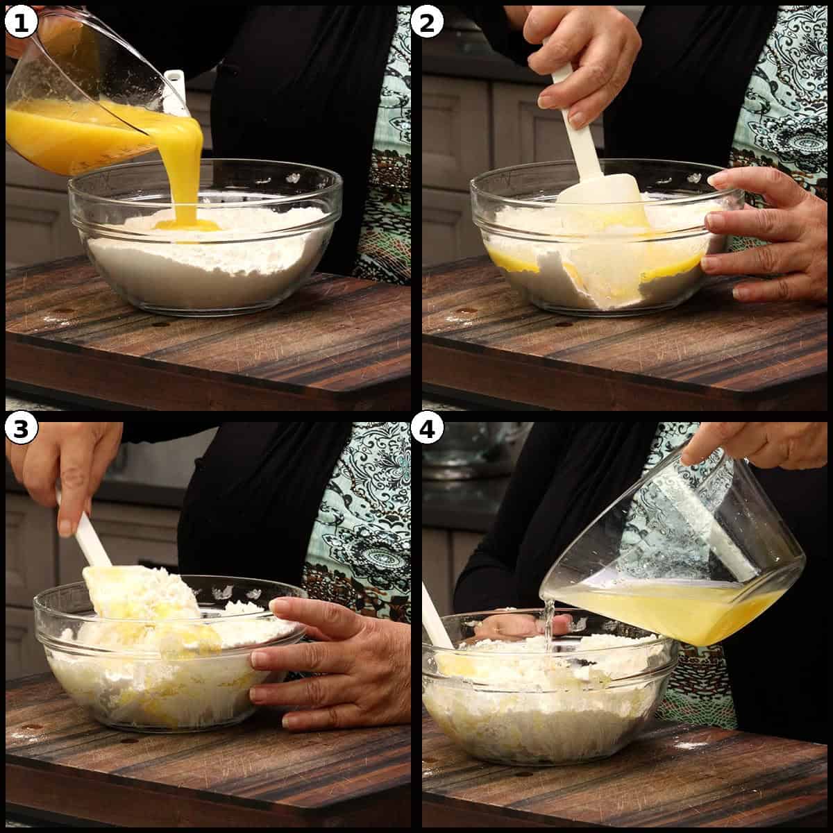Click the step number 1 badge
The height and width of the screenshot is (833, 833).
[21, 23]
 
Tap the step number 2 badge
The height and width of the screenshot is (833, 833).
[426, 23]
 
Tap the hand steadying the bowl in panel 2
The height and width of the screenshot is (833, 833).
[764, 236]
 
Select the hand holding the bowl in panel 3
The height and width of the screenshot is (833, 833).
[326, 659]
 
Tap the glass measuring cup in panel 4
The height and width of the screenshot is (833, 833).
[680, 555]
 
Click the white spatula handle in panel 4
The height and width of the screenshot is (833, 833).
[436, 618]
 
